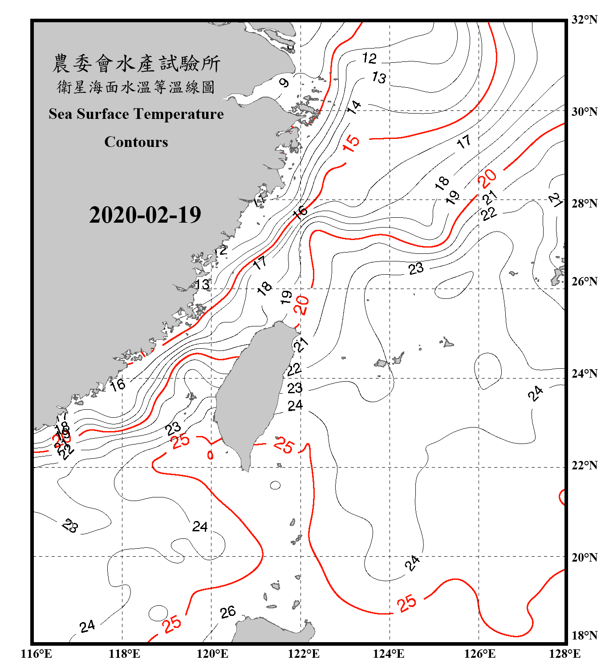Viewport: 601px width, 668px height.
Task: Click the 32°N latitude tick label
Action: [x=584, y=20]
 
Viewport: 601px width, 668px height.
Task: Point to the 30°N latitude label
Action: [x=584, y=112]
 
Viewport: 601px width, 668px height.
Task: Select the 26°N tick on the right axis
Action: [x=584, y=281]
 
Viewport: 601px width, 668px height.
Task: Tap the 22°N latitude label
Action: [x=584, y=465]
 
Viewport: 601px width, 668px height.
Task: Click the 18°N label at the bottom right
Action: [x=584, y=635]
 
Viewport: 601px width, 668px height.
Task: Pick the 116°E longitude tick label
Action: [x=36, y=654]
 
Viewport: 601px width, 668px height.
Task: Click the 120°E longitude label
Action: [x=212, y=654]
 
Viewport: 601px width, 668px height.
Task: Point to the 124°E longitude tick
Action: [x=389, y=654]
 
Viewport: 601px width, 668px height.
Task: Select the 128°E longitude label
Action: [x=564, y=654]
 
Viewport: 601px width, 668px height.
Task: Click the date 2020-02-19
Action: [x=145, y=215]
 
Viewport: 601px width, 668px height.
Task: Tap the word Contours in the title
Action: [x=136, y=142]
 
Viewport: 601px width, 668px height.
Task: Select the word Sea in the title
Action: [x=61, y=114]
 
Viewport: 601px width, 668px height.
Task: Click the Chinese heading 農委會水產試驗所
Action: [x=136, y=64]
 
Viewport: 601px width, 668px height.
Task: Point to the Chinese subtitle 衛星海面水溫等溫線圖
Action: [x=136, y=87]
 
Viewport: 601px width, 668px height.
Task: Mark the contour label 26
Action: [x=228, y=612]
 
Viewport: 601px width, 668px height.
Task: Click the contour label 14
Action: [x=354, y=107]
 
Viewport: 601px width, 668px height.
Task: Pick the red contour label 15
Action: [x=351, y=143]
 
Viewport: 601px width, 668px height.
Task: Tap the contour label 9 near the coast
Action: [x=284, y=82]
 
